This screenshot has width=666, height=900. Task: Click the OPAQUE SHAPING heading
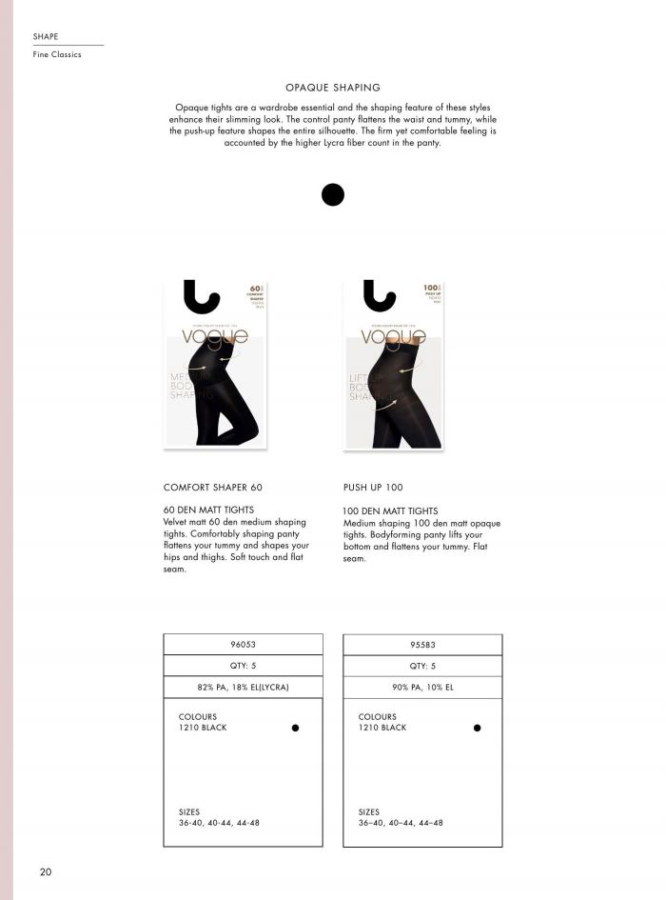[333, 87]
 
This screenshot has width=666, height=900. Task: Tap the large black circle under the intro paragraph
[333, 194]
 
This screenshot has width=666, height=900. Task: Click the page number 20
[46, 871]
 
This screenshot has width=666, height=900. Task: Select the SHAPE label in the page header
[46, 36]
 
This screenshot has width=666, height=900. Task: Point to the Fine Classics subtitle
[57, 55]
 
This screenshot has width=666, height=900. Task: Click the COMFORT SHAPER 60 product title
[212, 487]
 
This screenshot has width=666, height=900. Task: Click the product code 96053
[243, 645]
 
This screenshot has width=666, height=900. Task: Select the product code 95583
[422, 645]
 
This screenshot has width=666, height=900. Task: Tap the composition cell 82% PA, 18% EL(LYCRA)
[243, 687]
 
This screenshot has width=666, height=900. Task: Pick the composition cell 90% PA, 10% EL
[422, 687]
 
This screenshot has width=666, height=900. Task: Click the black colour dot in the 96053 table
[296, 728]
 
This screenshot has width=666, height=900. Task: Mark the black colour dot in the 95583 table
[477, 728]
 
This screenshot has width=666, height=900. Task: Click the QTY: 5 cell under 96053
[243, 666]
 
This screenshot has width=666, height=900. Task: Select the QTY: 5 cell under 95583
[422, 666]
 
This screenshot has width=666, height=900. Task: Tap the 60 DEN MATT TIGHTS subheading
[208, 510]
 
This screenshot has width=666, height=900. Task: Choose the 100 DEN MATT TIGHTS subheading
[390, 511]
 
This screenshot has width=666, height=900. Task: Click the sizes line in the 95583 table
[401, 823]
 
